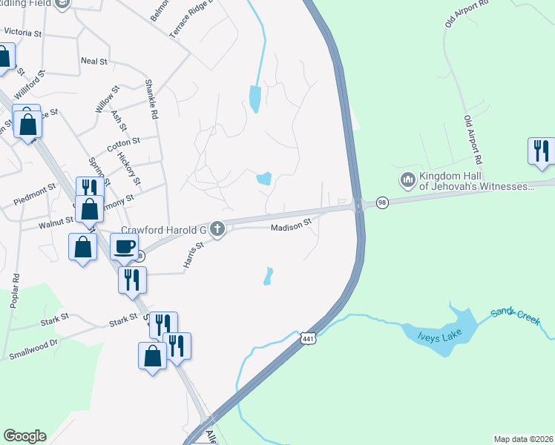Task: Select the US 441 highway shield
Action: pyautogui.click(x=308, y=338)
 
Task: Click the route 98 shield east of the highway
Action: pyautogui.click(x=382, y=202)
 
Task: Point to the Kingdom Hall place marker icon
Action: pyautogui.click(x=407, y=180)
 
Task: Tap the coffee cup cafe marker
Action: pyautogui.click(x=124, y=246)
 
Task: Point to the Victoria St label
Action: pyautogui.click(x=22, y=33)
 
